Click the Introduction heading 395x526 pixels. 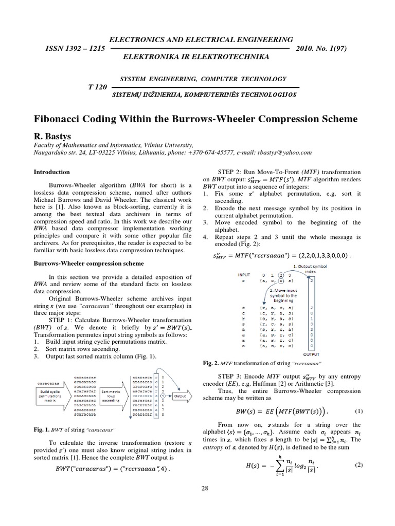[51, 172]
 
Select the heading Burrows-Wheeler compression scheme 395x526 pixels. [88, 262]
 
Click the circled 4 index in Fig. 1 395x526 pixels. [162, 396]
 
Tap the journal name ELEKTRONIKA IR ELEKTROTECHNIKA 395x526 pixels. [202, 56]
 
